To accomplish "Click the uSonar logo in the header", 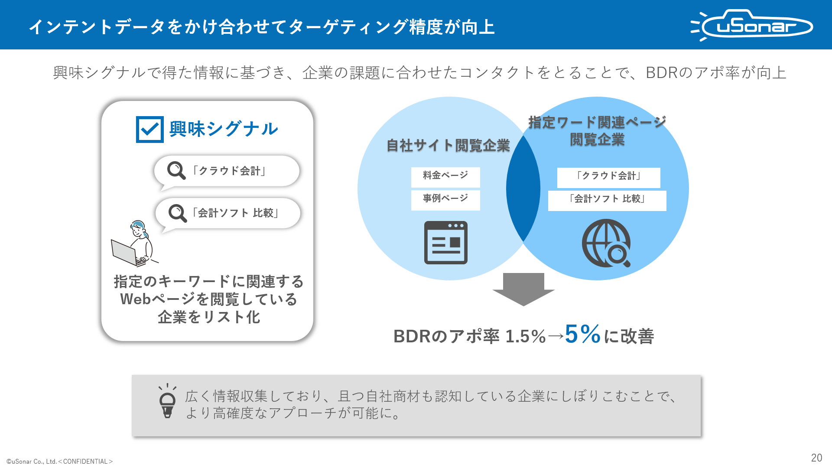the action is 752,25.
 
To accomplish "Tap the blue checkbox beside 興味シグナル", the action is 149,129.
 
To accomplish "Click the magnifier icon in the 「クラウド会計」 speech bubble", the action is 176,170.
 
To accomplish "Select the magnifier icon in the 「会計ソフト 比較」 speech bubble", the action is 178,213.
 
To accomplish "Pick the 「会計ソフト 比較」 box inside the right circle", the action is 607,201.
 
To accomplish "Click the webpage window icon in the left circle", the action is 445,243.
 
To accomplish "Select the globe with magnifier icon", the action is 606,243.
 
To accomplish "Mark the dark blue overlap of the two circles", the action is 523,188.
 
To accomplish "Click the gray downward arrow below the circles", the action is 523,289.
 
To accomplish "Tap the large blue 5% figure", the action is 583,334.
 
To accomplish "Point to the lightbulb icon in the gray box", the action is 167,401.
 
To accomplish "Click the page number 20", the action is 816,458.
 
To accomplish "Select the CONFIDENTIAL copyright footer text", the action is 59,461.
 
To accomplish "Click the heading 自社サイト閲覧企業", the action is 448,146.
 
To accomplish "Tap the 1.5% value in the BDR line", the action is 526,336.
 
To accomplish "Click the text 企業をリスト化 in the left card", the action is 209,317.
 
